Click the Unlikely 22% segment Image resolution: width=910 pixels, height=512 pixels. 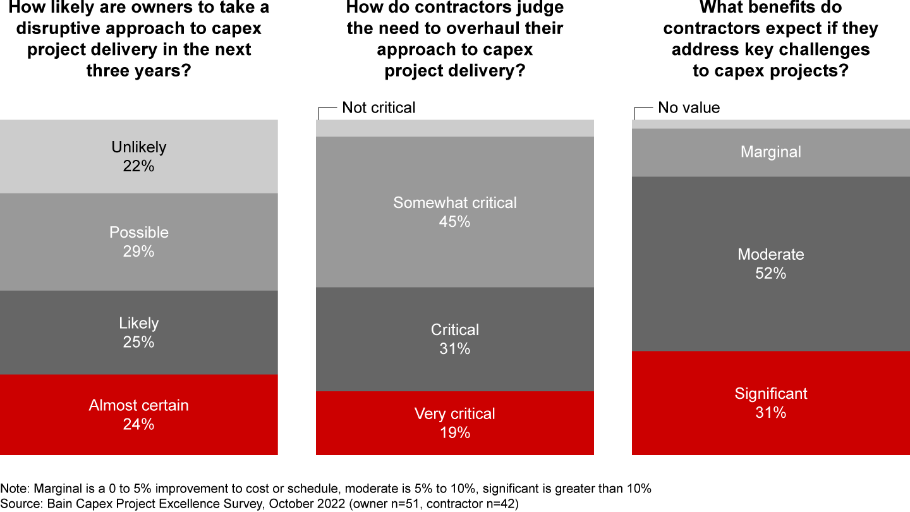pos(138,156)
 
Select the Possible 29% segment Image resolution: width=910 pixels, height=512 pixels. pos(138,241)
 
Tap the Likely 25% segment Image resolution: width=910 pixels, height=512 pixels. pos(138,332)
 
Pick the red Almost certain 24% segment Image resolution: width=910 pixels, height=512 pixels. pos(138,415)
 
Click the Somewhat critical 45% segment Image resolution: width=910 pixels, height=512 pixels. pos(454,212)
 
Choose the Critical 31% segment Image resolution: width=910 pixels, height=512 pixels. pos(454,339)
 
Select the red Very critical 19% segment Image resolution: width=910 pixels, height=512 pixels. pos(454,423)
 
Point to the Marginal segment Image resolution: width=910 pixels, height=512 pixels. pos(770,152)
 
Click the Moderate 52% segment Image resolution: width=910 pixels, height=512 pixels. pos(770,264)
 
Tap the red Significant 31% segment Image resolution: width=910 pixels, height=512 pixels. pos(770,403)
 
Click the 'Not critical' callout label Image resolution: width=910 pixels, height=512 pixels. pos(379,107)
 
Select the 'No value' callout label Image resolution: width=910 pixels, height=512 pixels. pos(689,107)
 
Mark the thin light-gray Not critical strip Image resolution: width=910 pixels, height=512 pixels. pos(454,128)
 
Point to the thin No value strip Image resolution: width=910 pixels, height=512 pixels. pos(770,125)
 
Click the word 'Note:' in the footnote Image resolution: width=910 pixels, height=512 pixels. pos(15,489)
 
